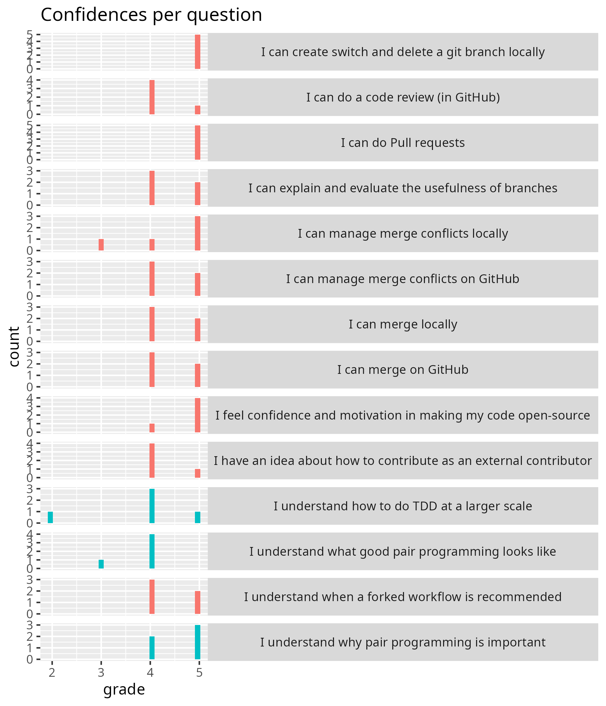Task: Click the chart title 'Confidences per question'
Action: click(151, 15)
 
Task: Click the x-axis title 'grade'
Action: click(124, 689)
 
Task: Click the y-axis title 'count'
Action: click(14, 347)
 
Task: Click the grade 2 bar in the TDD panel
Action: click(50, 517)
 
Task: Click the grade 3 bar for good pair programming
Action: click(101, 564)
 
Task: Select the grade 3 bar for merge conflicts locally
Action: click(101, 245)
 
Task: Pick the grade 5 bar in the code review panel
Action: click(198, 110)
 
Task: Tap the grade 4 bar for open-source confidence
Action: click(152, 428)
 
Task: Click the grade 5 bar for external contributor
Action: click(198, 473)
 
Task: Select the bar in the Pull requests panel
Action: click(198, 143)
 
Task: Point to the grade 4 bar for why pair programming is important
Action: click(152, 648)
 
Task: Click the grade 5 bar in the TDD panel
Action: click(198, 517)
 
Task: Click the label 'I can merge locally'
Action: click(403, 324)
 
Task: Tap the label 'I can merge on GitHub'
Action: click(403, 370)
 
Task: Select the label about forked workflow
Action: click(403, 597)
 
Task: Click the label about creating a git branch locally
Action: click(403, 52)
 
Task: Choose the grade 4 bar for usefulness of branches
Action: click(152, 188)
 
